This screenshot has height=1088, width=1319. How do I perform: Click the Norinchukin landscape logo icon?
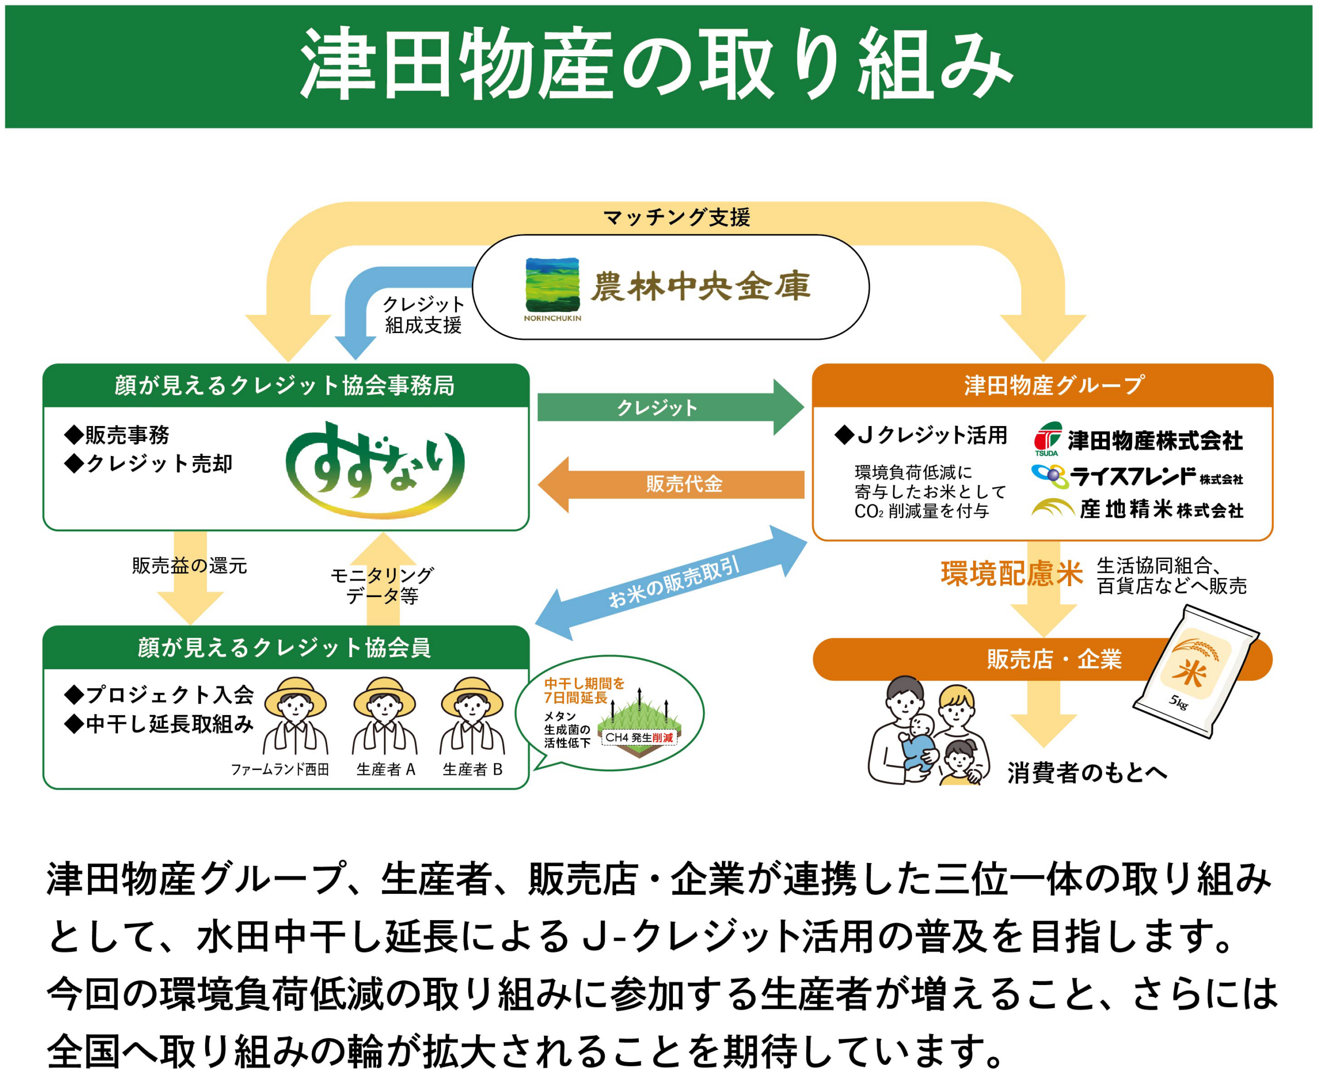pos(552,285)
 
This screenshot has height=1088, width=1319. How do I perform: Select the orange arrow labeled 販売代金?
pos(671,484)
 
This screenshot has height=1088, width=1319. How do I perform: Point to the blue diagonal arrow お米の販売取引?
pos(671,583)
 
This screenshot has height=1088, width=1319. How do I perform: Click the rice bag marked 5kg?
pos(1194,671)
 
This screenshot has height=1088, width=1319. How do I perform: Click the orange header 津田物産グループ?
pos(1042,385)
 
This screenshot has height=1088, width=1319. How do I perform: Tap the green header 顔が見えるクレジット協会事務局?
pos(285,385)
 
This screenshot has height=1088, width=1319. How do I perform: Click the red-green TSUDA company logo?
pos(1047,438)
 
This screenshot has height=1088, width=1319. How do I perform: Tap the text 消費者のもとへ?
pos(1087,772)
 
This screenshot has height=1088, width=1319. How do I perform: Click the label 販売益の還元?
pos(189,566)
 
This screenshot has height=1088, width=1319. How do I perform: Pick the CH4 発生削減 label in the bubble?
pos(639,738)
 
